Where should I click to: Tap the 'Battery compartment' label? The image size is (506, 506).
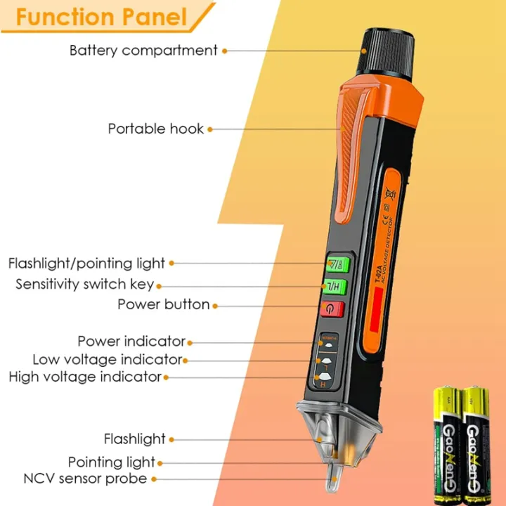click(143, 51)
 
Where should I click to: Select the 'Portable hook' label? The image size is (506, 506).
click(156, 129)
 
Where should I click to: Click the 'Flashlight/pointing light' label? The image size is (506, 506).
click(86, 264)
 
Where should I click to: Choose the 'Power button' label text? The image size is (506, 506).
click(164, 304)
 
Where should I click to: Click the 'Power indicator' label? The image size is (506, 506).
click(131, 342)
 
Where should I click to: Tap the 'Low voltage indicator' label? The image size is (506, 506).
click(107, 360)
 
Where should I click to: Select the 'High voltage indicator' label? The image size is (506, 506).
click(85, 377)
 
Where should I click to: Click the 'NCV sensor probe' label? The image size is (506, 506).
click(85, 479)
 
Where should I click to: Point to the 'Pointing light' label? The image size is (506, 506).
click(112, 462)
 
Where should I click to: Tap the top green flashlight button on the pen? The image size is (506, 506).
click(333, 266)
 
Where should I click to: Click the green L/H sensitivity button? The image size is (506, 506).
click(333, 287)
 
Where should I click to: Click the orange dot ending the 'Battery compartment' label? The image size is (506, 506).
click(224, 51)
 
